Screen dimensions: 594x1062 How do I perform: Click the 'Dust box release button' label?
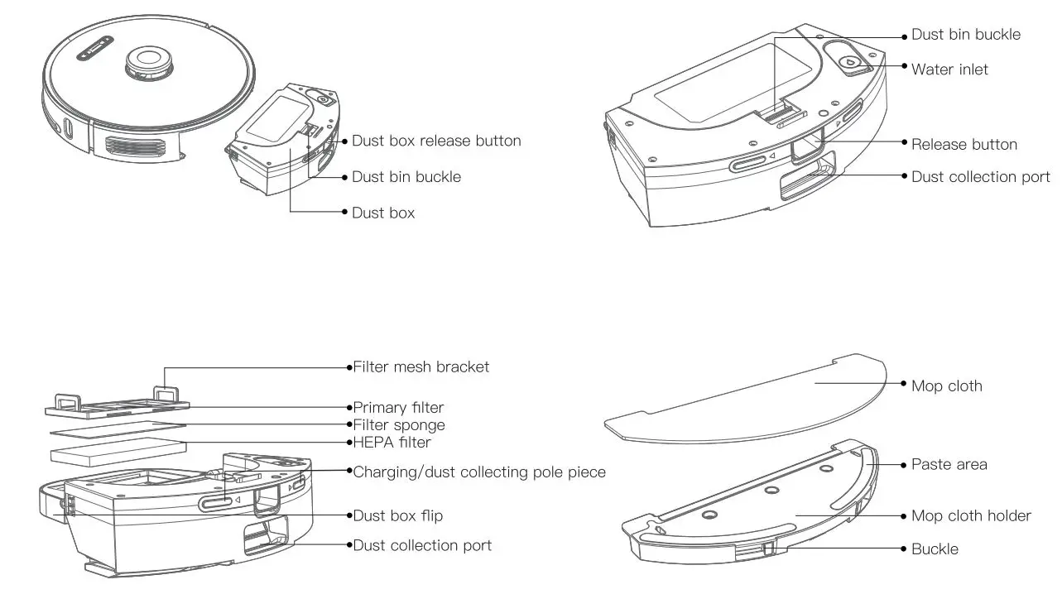(x=436, y=141)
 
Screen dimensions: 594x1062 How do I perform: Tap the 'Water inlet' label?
(x=949, y=69)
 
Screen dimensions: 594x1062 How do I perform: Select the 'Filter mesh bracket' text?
(x=421, y=366)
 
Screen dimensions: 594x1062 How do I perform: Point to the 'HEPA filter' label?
(x=392, y=443)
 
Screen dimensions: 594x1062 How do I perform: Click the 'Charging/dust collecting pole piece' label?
(x=479, y=472)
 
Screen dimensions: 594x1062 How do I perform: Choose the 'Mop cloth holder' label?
(x=971, y=515)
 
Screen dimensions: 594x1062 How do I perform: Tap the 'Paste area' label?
(x=949, y=464)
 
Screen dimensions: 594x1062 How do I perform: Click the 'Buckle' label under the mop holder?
(x=935, y=548)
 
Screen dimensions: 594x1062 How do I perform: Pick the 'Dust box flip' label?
(x=397, y=515)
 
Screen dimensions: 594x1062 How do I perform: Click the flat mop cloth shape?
(x=745, y=397)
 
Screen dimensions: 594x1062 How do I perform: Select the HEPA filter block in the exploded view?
(x=116, y=453)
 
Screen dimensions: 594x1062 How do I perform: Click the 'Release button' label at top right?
(x=963, y=144)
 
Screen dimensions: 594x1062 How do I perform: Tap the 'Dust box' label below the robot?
(x=383, y=213)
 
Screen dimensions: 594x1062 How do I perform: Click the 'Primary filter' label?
(x=398, y=407)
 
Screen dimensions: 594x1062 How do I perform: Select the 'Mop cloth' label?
(x=946, y=386)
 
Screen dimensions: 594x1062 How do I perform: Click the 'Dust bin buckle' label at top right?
(x=965, y=35)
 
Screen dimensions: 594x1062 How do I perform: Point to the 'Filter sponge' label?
(x=399, y=425)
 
